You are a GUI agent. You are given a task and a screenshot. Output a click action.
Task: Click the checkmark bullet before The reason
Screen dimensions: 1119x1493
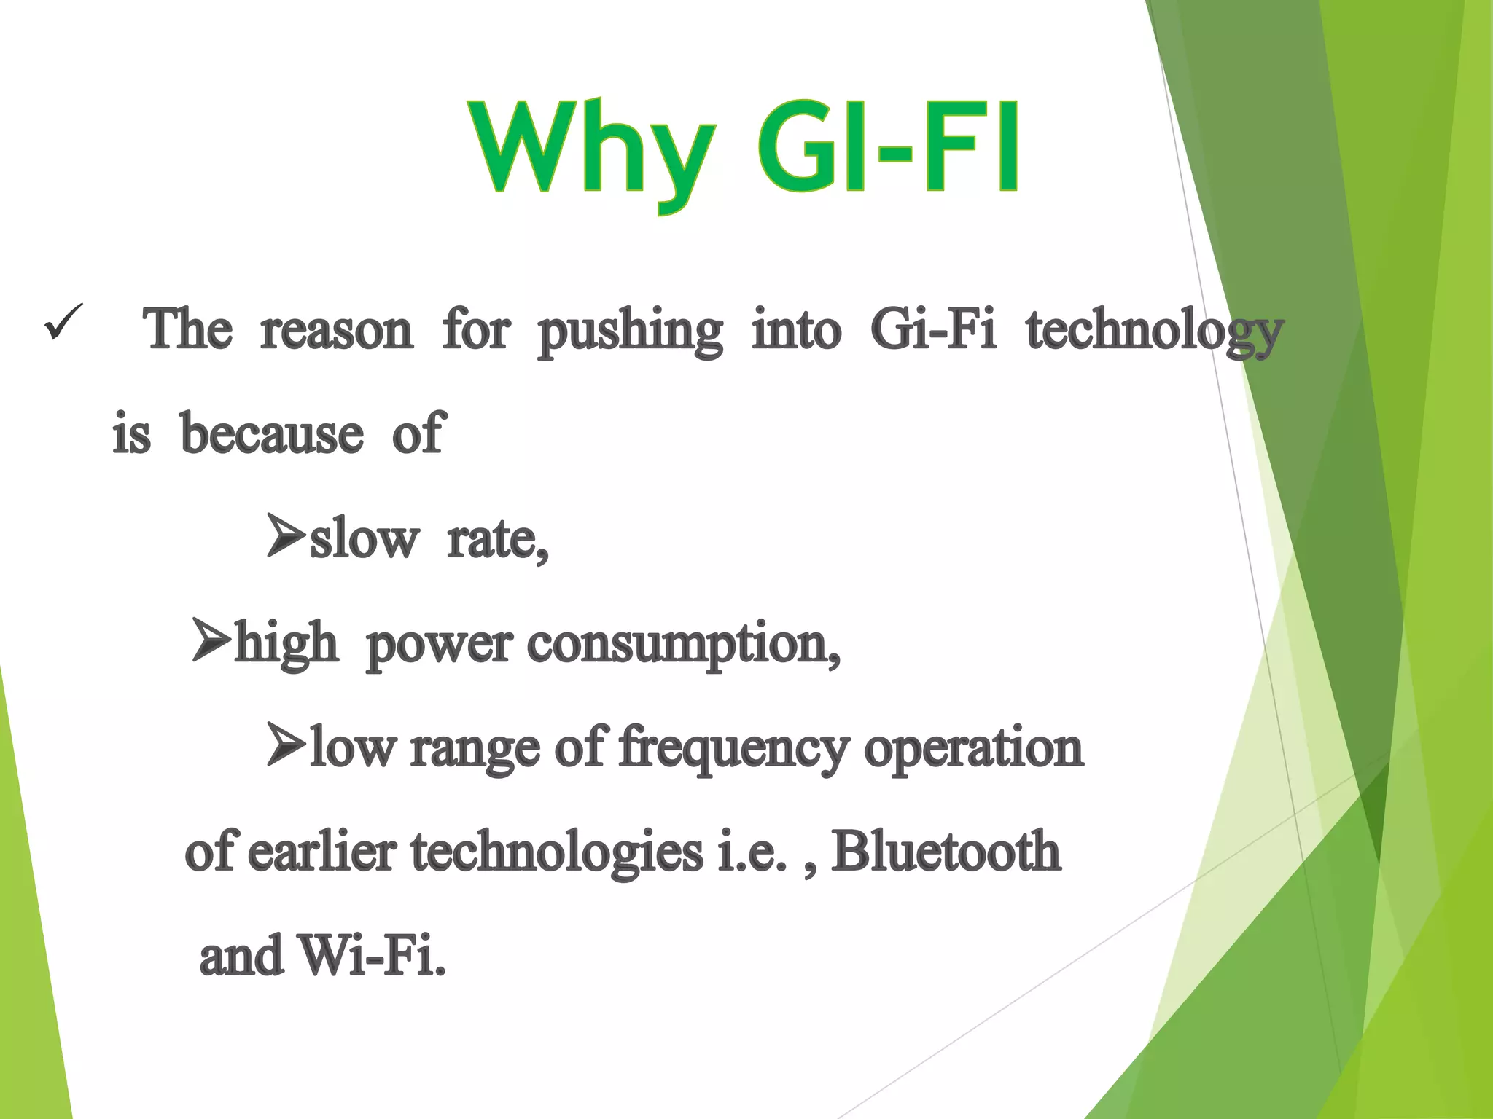pyautogui.click(x=63, y=322)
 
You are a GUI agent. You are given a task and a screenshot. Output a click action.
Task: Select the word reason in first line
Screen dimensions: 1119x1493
pyautogui.click(x=336, y=331)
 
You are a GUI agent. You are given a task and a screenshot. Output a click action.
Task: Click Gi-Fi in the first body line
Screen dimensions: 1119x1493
pyautogui.click(x=933, y=330)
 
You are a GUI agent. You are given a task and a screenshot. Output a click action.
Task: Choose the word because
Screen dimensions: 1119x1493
pyautogui.click(x=271, y=435)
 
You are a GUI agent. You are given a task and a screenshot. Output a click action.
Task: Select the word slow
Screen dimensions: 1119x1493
pyautogui.click(x=364, y=541)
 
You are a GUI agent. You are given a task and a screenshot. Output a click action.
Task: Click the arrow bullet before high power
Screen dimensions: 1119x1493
pyautogui.click(x=210, y=640)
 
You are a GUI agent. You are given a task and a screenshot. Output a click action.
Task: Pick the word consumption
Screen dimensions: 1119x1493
pyautogui.click(x=682, y=645)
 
